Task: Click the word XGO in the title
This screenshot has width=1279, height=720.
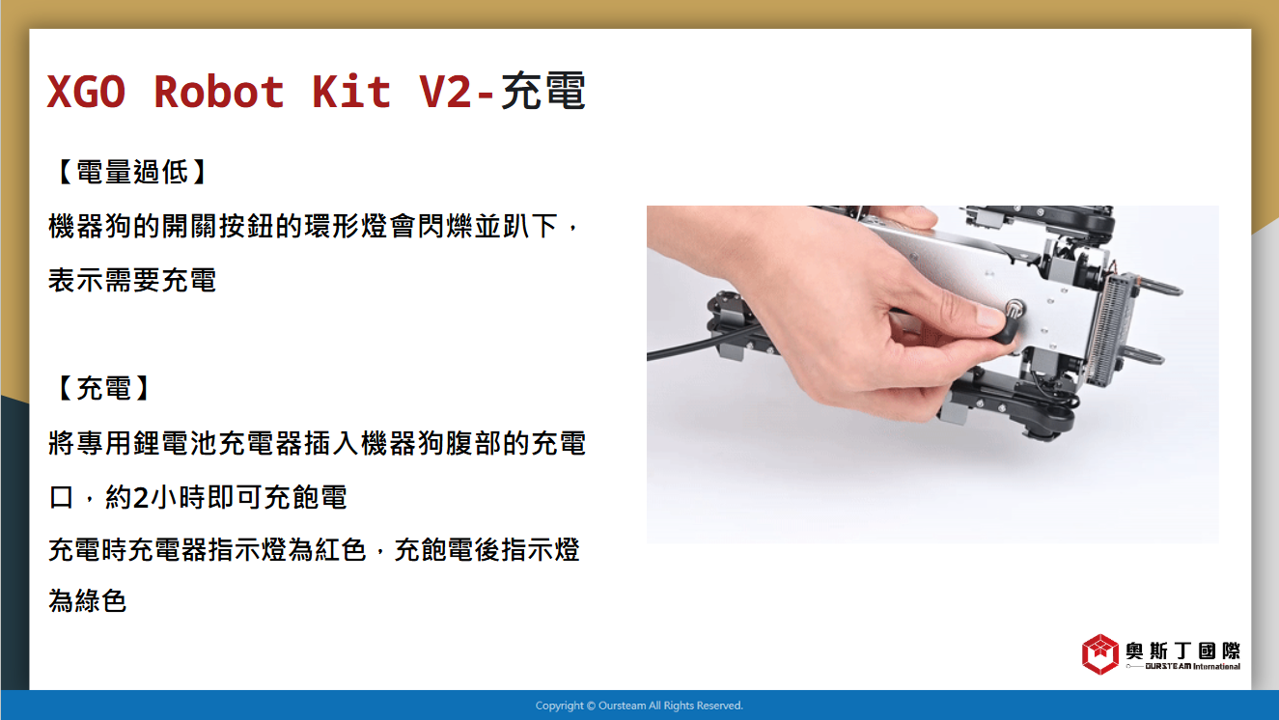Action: pyautogui.click(x=86, y=92)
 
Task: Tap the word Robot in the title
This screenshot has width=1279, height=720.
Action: pyautogui.click(x=219, y=92)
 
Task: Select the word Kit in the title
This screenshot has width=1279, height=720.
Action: pyautogui.click(x=351, y=92)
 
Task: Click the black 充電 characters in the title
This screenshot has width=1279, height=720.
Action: pyautogui.click(x=543, y=90)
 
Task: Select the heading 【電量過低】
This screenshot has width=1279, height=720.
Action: pyautogui.click(x=132, y=172)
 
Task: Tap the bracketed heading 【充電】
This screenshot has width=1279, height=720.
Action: pyautogui.click(x=103, y=388)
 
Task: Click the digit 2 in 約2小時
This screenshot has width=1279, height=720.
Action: pyautogui.click(x=141, y=498)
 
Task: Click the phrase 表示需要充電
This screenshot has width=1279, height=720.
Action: pyautogui.click(x=132, y=280)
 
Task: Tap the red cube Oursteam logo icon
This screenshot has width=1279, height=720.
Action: pyautogui.click(x=1099, y=653)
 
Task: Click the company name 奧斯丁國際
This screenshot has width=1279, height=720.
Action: pyautogui.click(x=1182, y=651)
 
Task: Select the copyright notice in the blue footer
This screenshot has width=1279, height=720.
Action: pyautogui.click(x=639, y=706)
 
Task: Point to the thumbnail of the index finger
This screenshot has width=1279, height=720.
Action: pyautogui.click(x=990, y=315)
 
